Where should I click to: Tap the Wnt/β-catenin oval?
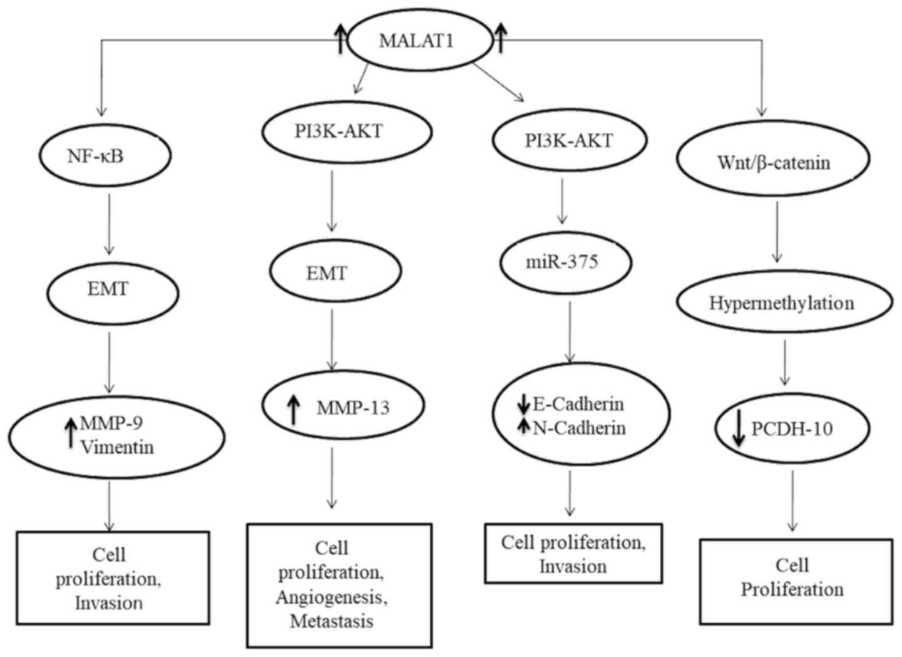774,163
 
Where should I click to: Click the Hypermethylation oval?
782,303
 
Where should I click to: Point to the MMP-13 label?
353,408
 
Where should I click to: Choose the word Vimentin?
116,447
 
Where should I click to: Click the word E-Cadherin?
578,404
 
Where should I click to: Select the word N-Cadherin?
579,428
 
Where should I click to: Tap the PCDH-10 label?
792,430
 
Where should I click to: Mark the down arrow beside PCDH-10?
739,430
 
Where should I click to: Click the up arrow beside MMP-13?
293,408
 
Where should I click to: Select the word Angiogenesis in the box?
332,597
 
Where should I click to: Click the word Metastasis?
332,621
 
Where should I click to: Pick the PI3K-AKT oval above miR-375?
569,141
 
